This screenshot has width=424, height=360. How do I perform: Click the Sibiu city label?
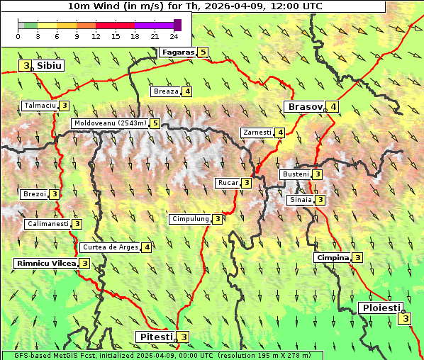click(49, 65)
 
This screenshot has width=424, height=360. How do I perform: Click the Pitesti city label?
click(155, 337)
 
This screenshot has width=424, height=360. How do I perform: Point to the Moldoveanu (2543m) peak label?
click(109, 123)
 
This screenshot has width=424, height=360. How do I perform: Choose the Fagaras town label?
click(177, 52)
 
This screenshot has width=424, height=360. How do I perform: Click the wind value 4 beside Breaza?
click(187, 91)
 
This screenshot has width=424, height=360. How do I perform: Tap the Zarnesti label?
click(257, 133)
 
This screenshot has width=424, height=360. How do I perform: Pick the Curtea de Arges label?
click(109, 247)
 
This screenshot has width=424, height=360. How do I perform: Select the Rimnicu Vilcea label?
click(45, 263)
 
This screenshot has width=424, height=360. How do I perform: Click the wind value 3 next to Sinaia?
click(320, 200)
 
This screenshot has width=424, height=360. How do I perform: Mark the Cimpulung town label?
click(189, 219)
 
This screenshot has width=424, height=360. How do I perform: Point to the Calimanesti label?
click(47, 224)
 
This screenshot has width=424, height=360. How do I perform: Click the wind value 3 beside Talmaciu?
click(64, 106)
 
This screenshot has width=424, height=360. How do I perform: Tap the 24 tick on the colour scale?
click(174, 35)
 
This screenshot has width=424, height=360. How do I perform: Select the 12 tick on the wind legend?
click(96, 35)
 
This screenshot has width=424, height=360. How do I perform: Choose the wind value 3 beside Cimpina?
click(358, 258)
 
